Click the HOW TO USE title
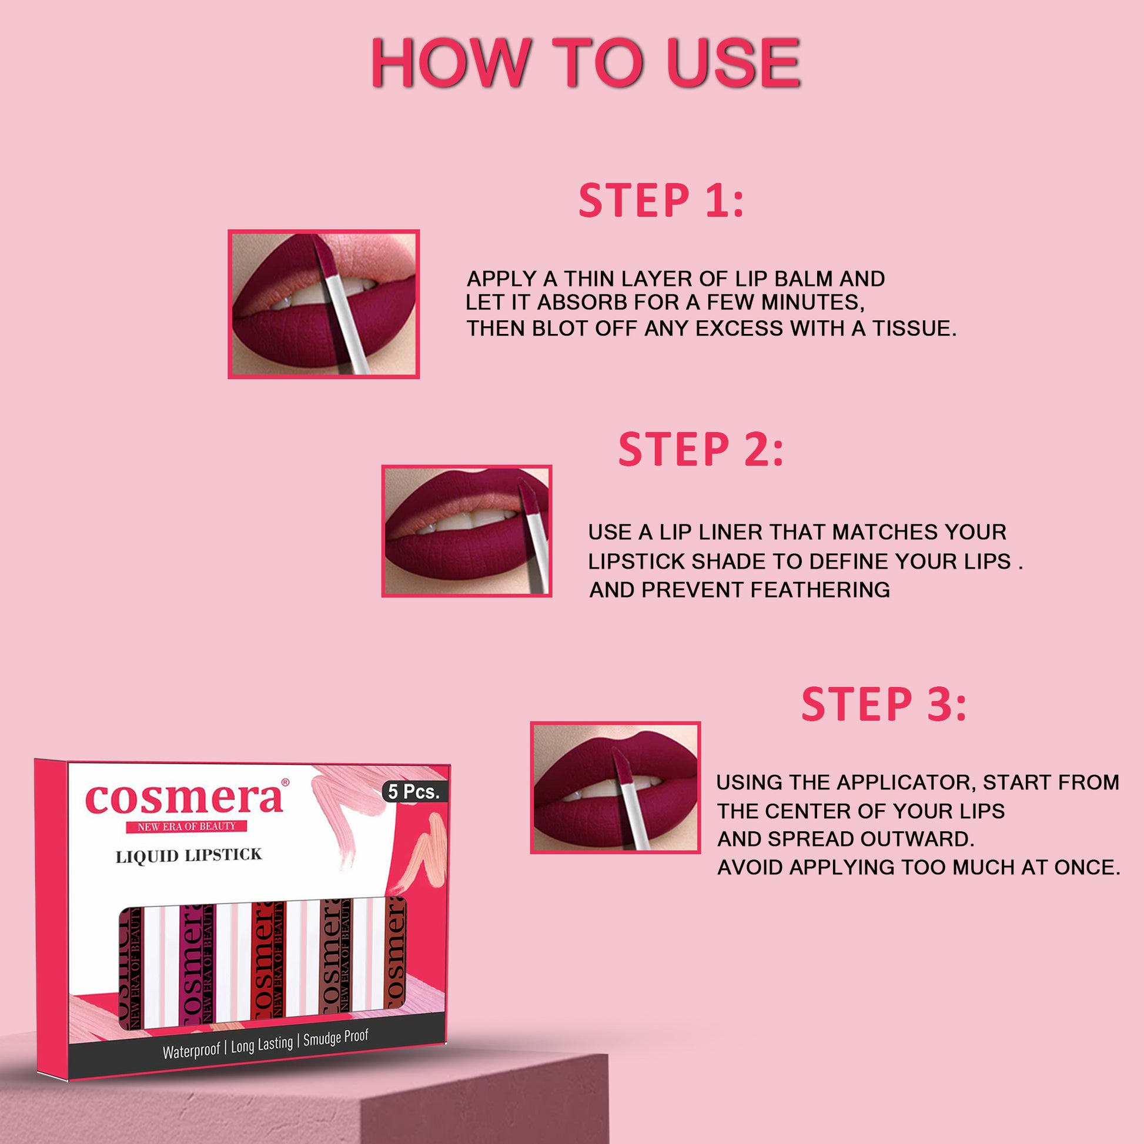pos(586,63)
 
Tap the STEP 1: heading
pos(661,200)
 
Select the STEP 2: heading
pos(701,449)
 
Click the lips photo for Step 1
pos(324,304)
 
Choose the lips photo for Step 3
pos(616,787)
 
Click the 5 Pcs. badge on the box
pos(414,792)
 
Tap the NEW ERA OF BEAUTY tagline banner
pos(186,826)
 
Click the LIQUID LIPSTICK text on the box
pos(189,856)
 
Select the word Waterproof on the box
pos(191,1051)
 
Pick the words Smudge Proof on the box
pos(336,1037)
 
